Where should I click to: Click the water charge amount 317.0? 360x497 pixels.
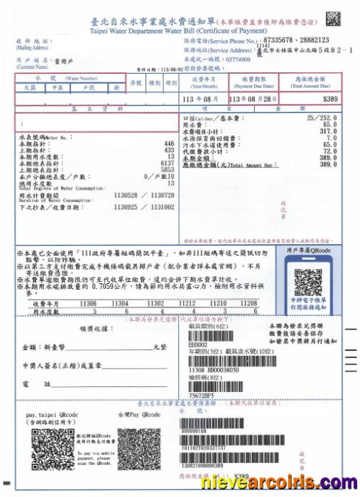pos(328,131)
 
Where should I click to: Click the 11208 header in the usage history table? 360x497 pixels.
pos(249,302)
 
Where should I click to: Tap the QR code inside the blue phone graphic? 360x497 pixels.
pos(309,282)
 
